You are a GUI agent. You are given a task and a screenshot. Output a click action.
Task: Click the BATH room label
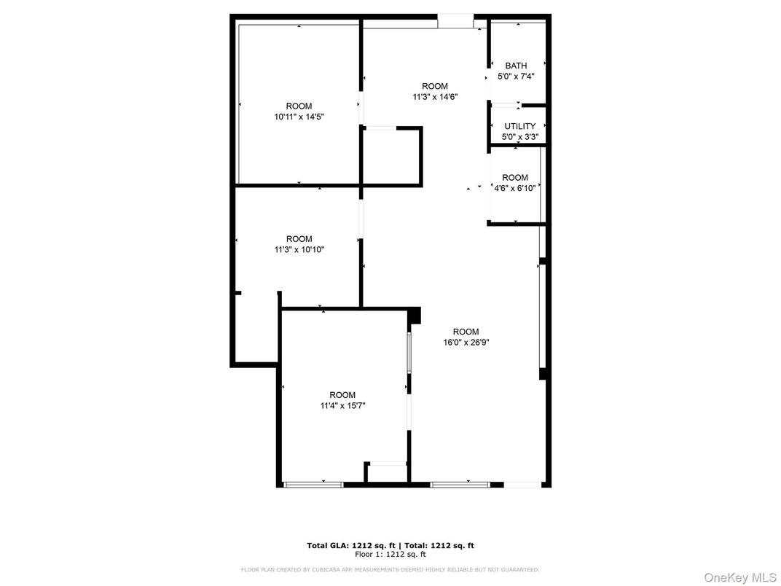click(x=516, y=66)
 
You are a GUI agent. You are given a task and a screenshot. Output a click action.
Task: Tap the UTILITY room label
click(x=519, y=126)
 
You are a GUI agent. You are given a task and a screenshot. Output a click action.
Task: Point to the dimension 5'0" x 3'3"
click(x=519, y=136)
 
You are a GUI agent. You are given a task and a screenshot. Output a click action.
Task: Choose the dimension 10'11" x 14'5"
click(x=299, y=116)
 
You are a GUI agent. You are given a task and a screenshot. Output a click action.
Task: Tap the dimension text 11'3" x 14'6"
click(x=435, y=96)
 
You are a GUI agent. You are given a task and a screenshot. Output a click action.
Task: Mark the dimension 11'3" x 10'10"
click(x=299, y=249)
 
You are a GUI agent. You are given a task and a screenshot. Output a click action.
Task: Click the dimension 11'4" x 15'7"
click(x=342, y=405)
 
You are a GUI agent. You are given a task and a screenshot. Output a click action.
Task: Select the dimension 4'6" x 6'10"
click(x=515, y=187)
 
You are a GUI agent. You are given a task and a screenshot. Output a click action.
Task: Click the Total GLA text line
click(x=390, y=545)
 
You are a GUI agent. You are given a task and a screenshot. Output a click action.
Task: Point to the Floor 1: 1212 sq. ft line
click(x=390, y=555)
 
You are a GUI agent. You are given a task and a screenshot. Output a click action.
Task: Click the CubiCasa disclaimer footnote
click(x=390, y=569)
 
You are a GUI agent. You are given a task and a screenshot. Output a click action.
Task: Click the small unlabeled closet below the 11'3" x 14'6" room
click(x=391, y=156)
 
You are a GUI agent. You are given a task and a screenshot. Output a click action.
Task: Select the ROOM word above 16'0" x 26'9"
click(x=466, y=332)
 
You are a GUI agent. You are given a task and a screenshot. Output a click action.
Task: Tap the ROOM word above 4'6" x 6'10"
click(x=515, y=177)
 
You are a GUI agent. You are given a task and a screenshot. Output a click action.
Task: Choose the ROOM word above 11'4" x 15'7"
click(x=342, y=395)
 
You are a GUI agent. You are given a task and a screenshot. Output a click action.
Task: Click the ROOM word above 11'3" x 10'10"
click(x=299, y=239)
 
